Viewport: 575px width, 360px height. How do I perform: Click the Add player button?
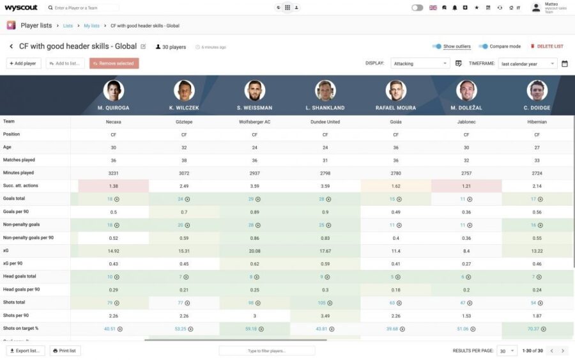pos(23,63)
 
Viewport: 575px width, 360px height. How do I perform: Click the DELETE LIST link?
pos(547,47)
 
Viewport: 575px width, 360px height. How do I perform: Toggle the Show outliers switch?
pos(437,47)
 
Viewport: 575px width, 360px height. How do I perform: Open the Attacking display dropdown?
pos(420,63)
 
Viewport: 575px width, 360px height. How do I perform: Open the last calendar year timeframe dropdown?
pos(528,63)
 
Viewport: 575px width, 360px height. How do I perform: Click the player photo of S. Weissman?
pos(255,90)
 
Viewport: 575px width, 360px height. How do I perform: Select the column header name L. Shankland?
pos(325,107)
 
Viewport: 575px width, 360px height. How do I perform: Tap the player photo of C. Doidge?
pos(537,90)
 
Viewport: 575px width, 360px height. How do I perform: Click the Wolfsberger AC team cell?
pos(254,121)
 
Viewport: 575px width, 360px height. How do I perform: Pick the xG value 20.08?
pos(254,251)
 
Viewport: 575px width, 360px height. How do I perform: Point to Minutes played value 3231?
pos(113,173)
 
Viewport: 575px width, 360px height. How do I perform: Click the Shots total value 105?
pos(323,302)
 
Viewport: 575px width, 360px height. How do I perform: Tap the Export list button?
pos(26,350)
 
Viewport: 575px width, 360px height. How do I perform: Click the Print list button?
pos(64,350)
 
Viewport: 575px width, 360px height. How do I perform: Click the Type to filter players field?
pos(266,350)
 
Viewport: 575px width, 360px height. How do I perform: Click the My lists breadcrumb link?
pos(91,26)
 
